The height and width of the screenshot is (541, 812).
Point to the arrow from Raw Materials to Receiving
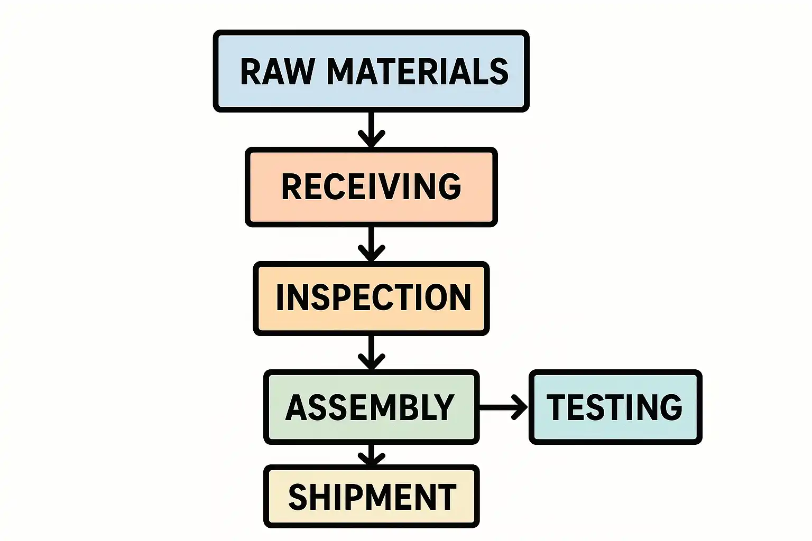pos(371,129)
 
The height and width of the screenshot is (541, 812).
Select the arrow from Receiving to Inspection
pos(371,244)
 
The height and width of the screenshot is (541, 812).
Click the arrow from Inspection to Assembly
pos(371,353)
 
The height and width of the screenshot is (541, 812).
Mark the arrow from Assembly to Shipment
pos(371,455)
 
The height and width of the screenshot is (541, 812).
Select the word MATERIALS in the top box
pos(418,71)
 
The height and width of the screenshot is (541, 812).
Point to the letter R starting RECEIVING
pos(291,186)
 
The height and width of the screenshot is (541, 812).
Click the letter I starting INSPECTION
pos(281,297)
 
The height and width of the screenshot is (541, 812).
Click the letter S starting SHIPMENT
pos(298,497)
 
